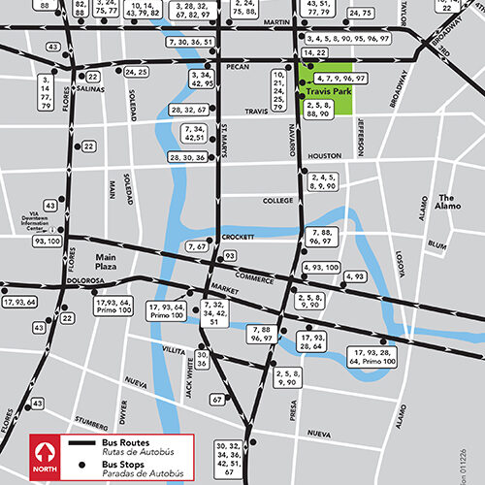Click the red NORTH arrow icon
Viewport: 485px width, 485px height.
coord(42,451)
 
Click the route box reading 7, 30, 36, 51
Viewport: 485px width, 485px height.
coord(189,43)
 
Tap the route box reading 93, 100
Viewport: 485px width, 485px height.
coord(46,240)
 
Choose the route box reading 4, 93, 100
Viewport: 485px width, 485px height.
coord(319,267)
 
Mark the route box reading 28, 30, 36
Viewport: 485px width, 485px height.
coord(187,157)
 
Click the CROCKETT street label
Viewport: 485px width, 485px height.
coord(239,237)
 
